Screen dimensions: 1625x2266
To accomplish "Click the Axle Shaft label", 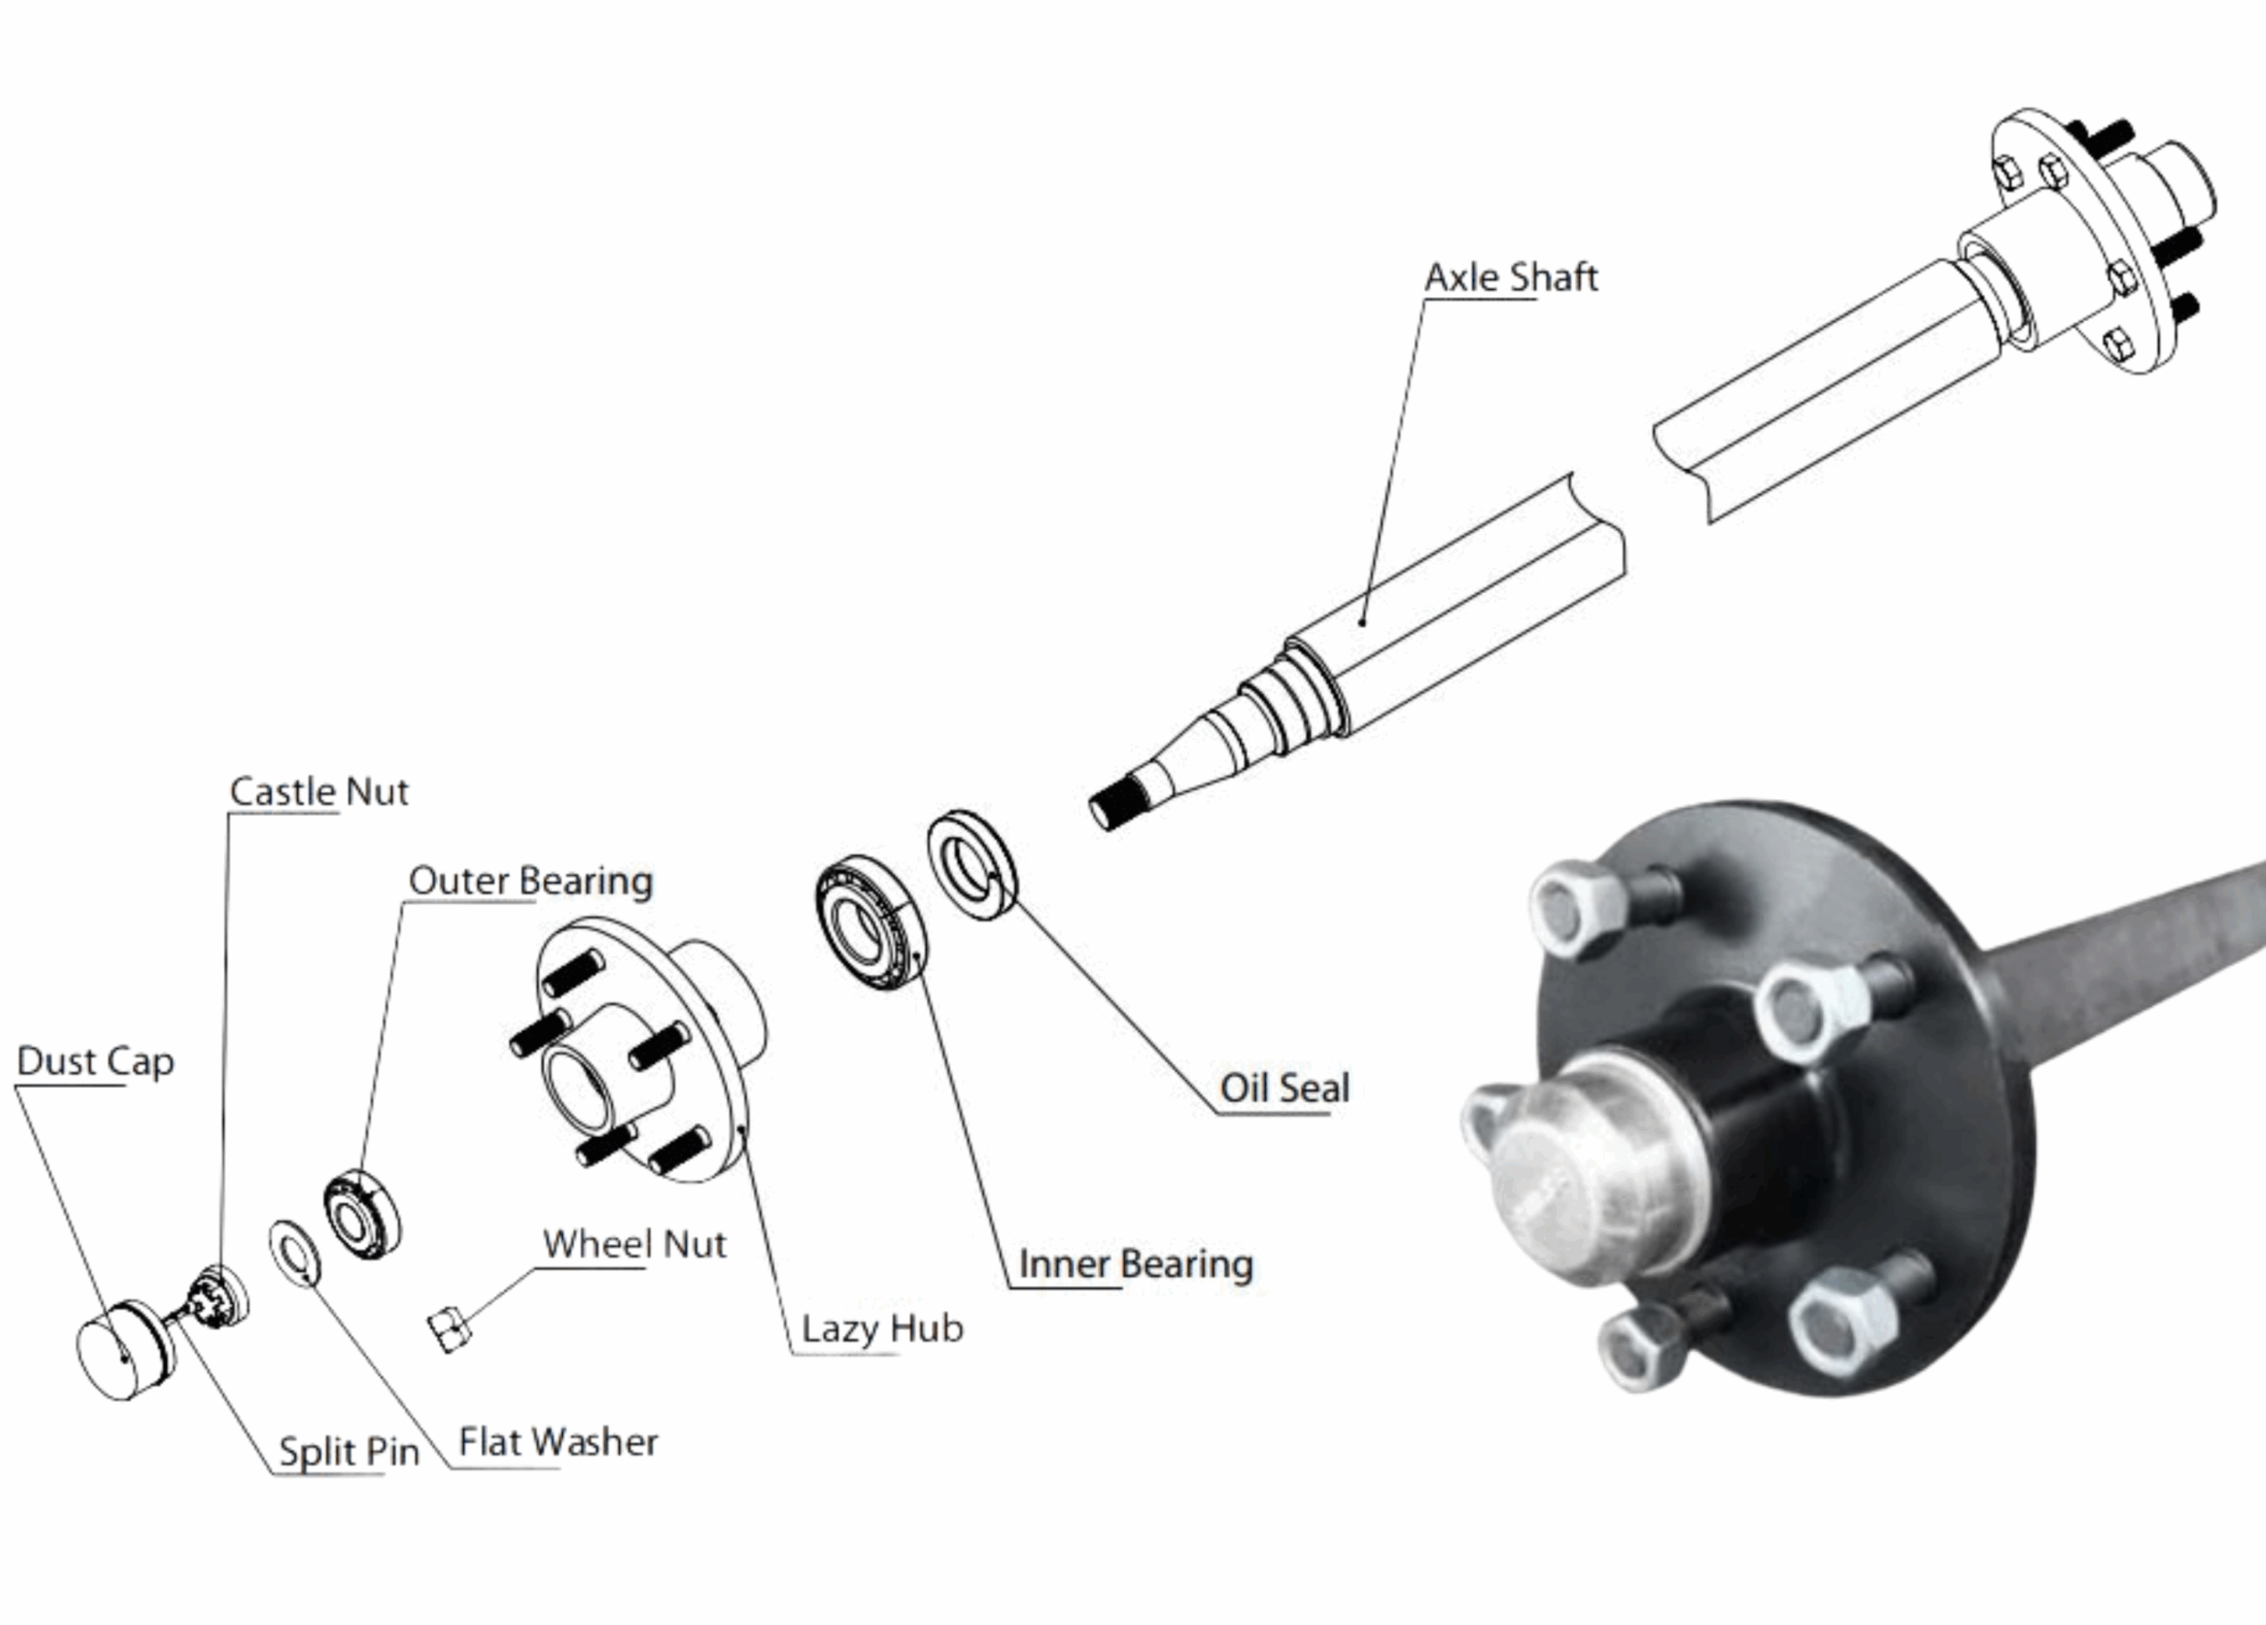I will click(1509, 277).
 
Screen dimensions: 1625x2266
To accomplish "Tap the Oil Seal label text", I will click(1284, 1088).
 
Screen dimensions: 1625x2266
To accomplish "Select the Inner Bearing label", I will click(1135, 1264).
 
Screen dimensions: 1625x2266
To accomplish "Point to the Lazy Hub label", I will click(882, 1328).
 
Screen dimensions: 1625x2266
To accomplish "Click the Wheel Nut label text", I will click(634, 1243).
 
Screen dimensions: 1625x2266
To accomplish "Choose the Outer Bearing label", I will click(531, 881).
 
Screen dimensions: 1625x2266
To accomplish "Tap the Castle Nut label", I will click(318, 791).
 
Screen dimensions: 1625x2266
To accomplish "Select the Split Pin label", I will click(349, 1451).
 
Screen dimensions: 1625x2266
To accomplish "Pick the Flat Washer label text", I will click(558, 1441).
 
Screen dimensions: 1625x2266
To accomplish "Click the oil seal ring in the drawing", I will click(972, 865).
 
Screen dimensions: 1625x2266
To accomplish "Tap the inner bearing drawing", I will click(870, 923).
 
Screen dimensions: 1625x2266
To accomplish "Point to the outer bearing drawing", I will click(361, 1215).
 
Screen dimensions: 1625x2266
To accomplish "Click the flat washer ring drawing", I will click(294, 1252).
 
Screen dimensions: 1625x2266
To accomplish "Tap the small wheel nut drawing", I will click(450, 1332).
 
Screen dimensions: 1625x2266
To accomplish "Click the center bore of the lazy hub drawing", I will click(577, 1089).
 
